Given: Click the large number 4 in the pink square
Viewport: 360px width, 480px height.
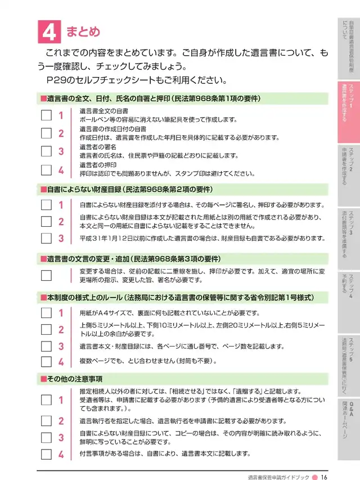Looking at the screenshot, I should click(49, 32).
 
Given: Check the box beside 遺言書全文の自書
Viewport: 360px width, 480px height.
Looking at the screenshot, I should click(46, 115).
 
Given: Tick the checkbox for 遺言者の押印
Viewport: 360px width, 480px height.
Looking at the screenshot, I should click(46, 169).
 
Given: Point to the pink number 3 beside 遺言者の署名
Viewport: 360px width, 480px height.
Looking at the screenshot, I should click(61, 151).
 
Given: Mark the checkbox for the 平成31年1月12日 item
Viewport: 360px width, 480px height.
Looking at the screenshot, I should click(46, 238).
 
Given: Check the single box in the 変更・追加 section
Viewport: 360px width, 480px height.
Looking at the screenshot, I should click(46, 276).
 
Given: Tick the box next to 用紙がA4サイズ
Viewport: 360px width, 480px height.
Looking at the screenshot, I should click(46, 313).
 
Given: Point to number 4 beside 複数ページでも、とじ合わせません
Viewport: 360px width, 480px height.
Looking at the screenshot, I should click(61, 361).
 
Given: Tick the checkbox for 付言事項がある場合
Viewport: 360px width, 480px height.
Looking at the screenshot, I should click(46, 454).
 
